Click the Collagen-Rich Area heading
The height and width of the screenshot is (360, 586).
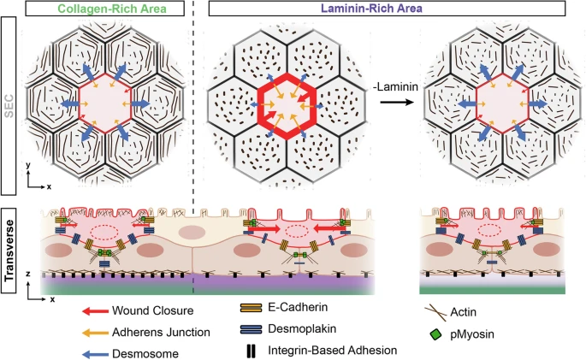click(112, 9)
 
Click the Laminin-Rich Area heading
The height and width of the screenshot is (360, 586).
click(372, 9)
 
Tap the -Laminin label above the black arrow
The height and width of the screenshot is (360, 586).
click(396, 87)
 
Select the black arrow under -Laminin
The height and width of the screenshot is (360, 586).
click(397, 102)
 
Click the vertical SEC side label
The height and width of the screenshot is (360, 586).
click(9, 106)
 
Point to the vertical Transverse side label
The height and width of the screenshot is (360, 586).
click(9, 251)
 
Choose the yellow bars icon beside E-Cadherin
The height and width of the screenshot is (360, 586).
click(251, 308)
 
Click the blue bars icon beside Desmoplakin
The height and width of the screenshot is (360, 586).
click(251, 329)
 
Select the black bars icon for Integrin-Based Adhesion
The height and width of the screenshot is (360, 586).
click(252, 351)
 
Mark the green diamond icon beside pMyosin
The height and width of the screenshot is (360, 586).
click(435, 334)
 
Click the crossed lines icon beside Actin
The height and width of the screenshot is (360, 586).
click(435, 313)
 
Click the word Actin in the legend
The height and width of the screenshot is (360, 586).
click(464, 312)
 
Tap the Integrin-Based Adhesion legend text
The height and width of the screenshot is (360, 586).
click(332, 351)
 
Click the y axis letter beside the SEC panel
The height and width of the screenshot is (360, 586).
click(28, 165)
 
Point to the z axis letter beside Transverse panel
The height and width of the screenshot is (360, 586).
click(28, 274)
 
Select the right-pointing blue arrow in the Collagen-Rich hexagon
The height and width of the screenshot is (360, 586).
click(139, 103)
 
